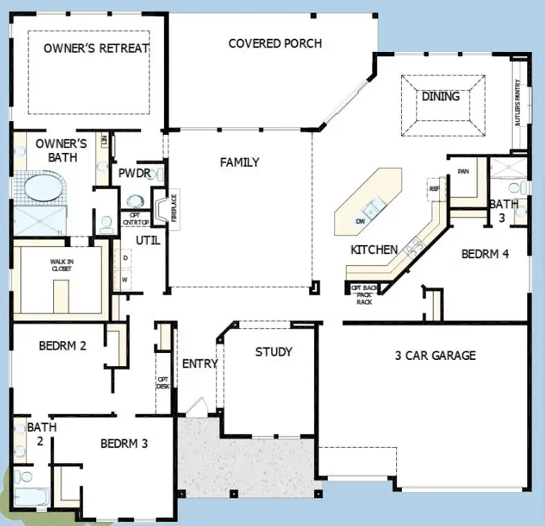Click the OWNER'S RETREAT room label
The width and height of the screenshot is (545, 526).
96,48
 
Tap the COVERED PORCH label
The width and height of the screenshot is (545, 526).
275,44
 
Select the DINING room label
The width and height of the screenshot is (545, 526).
441,97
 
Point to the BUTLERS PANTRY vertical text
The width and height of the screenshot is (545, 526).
517,102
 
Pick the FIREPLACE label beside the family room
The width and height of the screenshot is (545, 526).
174,207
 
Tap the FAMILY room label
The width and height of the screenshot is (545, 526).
239,163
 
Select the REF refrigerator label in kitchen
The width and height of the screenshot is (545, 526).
434,188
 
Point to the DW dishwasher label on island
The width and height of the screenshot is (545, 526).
360,221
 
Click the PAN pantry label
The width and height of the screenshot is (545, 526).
463,172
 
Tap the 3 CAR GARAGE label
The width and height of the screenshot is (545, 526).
435,356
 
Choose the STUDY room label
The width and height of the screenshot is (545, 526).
273,352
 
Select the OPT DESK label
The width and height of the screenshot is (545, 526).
163,383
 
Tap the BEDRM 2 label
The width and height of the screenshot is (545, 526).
62,345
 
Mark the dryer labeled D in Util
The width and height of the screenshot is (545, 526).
125,257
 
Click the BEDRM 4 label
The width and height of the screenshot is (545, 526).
485,254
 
